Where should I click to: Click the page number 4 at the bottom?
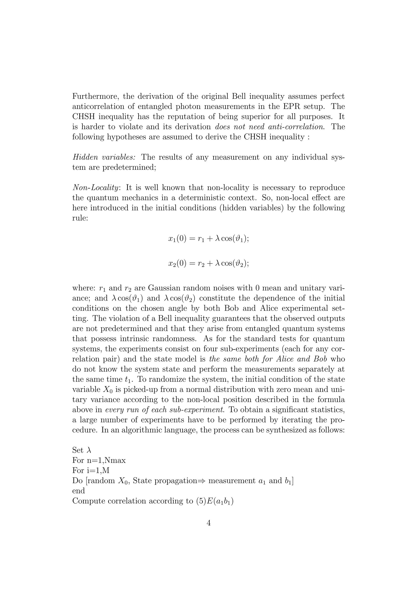click(209, 523)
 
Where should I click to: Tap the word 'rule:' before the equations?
click(80, 218)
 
